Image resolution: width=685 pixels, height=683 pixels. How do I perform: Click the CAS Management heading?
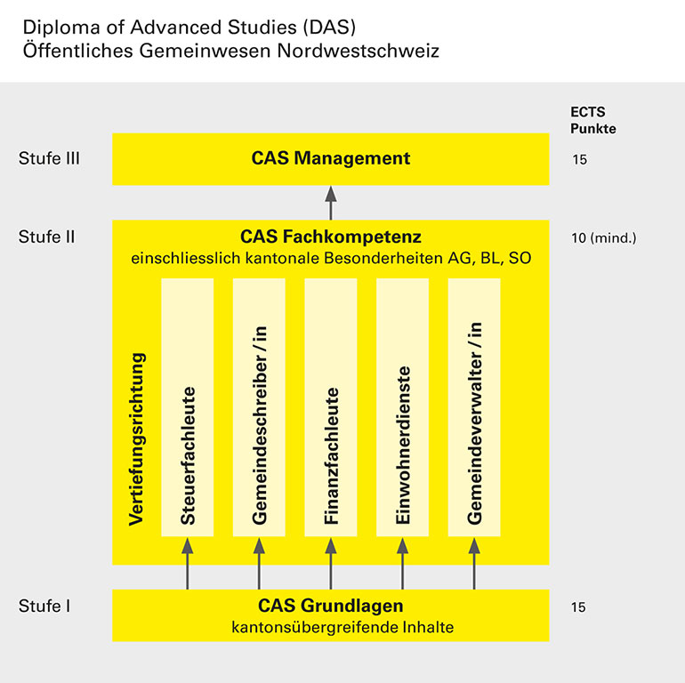pos(331,158)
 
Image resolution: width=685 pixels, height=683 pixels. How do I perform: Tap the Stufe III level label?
pos(49,158)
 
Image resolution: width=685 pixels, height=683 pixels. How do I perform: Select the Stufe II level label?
pos(47,237)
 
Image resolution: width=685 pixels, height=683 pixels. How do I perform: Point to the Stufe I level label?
pos(44,606)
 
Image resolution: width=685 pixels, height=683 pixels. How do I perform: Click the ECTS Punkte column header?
pos(592,120)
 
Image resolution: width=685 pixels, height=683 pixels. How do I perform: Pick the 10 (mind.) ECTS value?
pos(604,238)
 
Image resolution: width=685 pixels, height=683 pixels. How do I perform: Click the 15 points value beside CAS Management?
pos(579,159)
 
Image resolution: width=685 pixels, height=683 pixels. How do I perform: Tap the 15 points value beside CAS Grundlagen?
pos(578,607)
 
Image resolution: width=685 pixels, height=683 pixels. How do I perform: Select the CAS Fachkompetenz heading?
pos(331,237)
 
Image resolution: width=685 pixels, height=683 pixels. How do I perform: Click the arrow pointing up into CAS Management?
pos(331,203)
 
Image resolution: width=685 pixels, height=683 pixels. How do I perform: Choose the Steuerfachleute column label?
pos(188,455)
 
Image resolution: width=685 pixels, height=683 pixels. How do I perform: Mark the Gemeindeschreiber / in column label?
pos(259,425)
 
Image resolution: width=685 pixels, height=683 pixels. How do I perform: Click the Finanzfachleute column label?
pos(331,456)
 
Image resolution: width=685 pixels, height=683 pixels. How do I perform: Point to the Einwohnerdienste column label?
pos(402,445)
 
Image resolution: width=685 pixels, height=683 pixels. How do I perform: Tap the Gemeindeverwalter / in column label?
pos(474,422)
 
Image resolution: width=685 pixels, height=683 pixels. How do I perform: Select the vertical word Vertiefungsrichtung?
pos(136,439)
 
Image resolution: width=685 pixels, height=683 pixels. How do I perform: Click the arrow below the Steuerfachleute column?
pos(188,563)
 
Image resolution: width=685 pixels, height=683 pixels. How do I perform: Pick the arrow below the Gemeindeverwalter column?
pos(474,563)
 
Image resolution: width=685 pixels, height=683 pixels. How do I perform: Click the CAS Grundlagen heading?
pos(331,606)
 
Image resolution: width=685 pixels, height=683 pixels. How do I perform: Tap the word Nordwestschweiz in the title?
pos(359,51)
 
